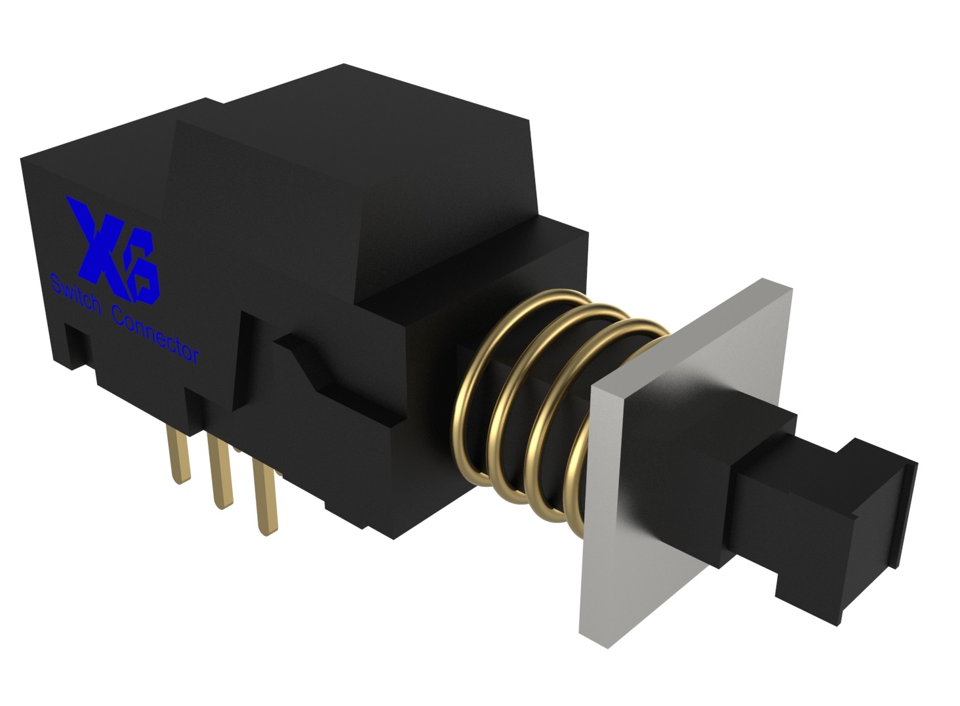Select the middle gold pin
click(221, 472)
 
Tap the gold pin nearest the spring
click(266, 499)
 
